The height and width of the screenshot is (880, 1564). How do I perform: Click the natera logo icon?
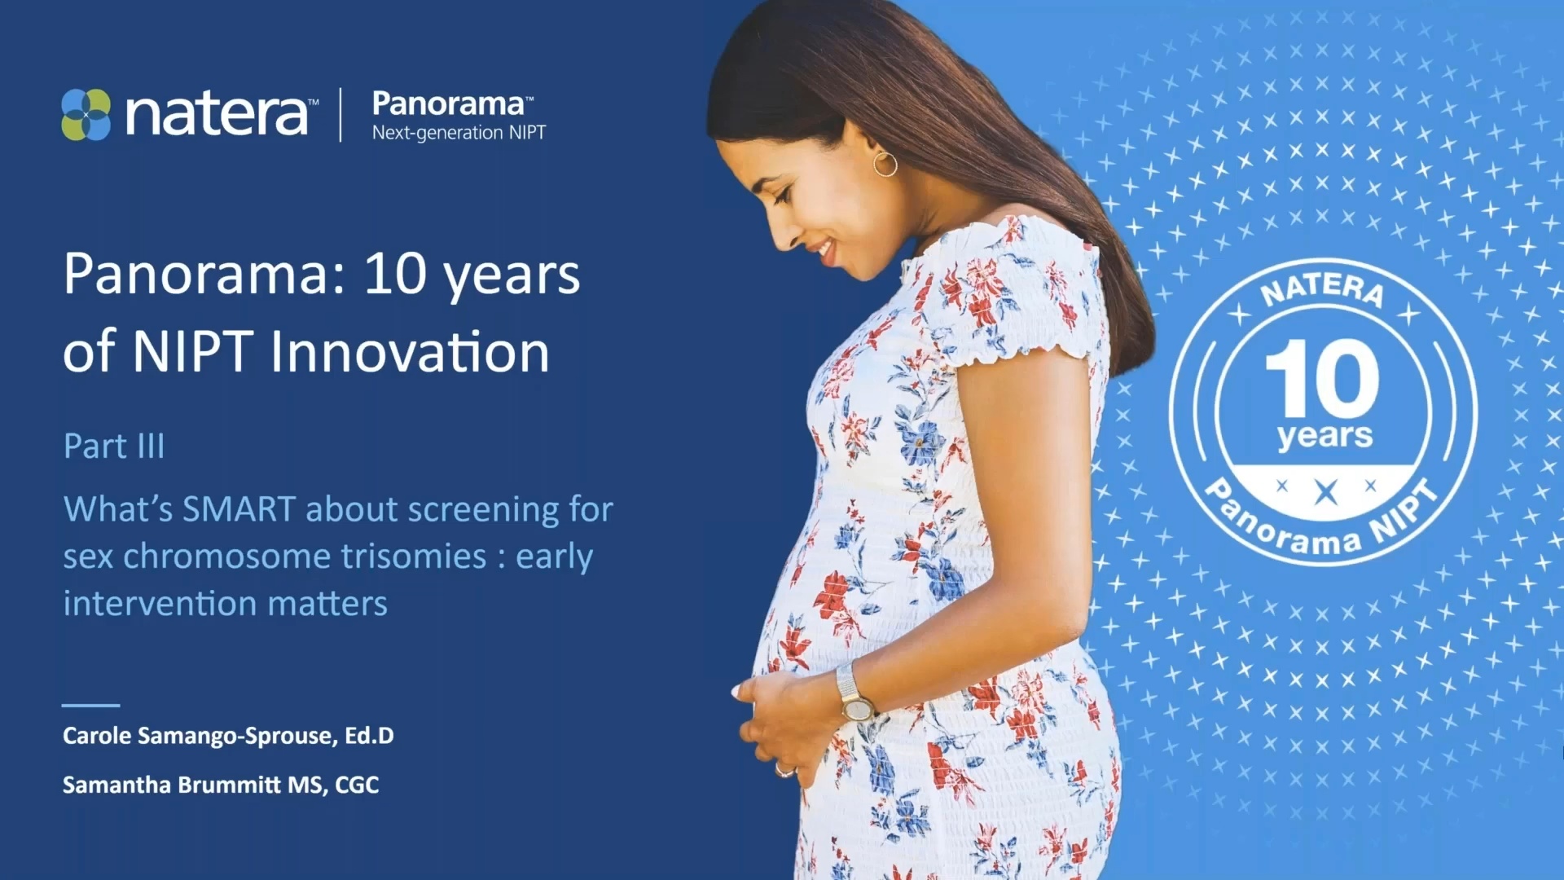click(86, 114)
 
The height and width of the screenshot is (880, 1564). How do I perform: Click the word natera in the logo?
click(217, 114)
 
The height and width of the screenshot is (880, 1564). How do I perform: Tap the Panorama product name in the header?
click(449, 103)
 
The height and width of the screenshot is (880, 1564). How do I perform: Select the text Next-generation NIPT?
click(459, 133)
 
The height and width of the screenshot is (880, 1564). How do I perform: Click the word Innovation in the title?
click(410, 352)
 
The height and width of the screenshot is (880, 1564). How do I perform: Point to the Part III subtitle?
click(114, 446)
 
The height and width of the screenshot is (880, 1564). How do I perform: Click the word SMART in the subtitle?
click(238, 509)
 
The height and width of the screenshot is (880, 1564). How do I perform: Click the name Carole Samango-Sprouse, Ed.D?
click(228, 736)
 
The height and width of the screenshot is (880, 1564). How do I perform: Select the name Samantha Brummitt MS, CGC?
click(221, 785)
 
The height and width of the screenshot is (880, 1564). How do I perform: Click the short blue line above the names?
click(90, 705)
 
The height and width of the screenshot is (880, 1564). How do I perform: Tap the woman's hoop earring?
click(885, 164)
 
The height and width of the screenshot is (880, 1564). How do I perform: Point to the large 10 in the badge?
click(1321, 377)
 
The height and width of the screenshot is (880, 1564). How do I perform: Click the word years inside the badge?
click(1325, 437)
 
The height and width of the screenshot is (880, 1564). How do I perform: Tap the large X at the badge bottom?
click(1326, 492)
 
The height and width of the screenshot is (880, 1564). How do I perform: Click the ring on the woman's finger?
click(784, 770)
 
